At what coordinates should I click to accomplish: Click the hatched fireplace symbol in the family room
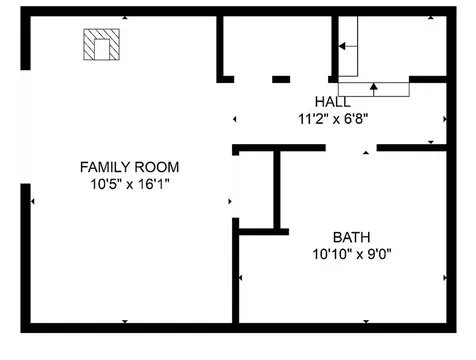click(101, 44)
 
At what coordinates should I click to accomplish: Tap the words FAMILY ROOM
click(123, 166)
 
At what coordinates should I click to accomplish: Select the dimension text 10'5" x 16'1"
click(123, 183)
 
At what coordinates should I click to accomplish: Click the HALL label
click(332, 102)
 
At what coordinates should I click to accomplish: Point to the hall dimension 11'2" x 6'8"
click(332, 118)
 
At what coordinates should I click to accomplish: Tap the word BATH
click(351, 237)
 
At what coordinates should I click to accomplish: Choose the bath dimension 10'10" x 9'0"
click(351, 254)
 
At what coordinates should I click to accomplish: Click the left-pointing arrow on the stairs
click(346, 46)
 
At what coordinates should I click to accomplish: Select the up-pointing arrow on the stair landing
click(373, 88)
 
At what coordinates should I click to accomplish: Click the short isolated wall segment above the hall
click(281, 78)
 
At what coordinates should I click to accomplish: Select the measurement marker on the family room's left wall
click(33, 202)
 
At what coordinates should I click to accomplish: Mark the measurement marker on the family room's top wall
click(124, 16)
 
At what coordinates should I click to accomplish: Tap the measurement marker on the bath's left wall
click(241, 277)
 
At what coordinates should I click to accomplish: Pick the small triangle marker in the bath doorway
click(366, 153)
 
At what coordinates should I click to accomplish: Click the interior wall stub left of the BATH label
click(277, 190)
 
